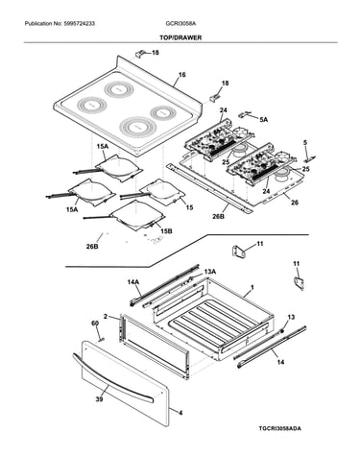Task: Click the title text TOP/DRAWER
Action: (x=180, y=37)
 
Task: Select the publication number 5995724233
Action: (x=79, y=23)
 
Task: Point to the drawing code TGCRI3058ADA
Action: (x=279, y=428)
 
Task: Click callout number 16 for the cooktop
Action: (x=181, y=75)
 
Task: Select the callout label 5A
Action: (x=264, y=120)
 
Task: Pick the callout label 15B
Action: (x=166, y=230)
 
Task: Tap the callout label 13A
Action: (x=210, y=272)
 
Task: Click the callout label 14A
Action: (x=133, y=282)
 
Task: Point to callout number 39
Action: (x=100, y=399)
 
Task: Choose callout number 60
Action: (x=95, y=324)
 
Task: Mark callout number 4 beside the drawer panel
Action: (x=180, y=413)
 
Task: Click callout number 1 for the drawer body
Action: (x=252, y=288)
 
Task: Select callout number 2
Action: (x=106, y=317)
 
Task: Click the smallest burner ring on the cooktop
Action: (x=163, y=113)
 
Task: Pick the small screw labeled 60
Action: (x=102, y=339)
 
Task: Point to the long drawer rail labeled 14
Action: (x=273, y=347)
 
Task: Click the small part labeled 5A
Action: (x=246, y=114)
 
